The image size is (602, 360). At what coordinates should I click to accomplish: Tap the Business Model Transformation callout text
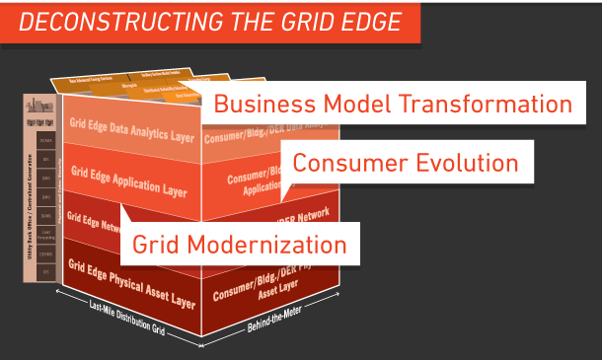coord(393,104)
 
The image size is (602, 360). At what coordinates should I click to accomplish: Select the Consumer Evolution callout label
coord(405,163)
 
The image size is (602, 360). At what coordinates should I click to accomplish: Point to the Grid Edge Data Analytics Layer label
coord(132,131)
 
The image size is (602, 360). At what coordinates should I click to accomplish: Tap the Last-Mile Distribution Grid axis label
coord(127,319)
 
